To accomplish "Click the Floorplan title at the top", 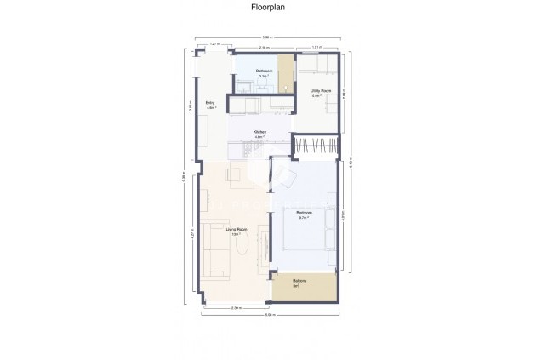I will click(x=267, y=8).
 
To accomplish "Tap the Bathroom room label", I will click(x=264, y=71).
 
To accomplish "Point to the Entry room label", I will click(x=210, y=105).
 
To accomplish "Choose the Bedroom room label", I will click(x=304, y=213).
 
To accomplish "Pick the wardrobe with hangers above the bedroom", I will click(x=316, y=146).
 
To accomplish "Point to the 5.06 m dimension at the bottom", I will click(x=269, y=316).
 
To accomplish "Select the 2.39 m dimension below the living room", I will click(x=237, y=307).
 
